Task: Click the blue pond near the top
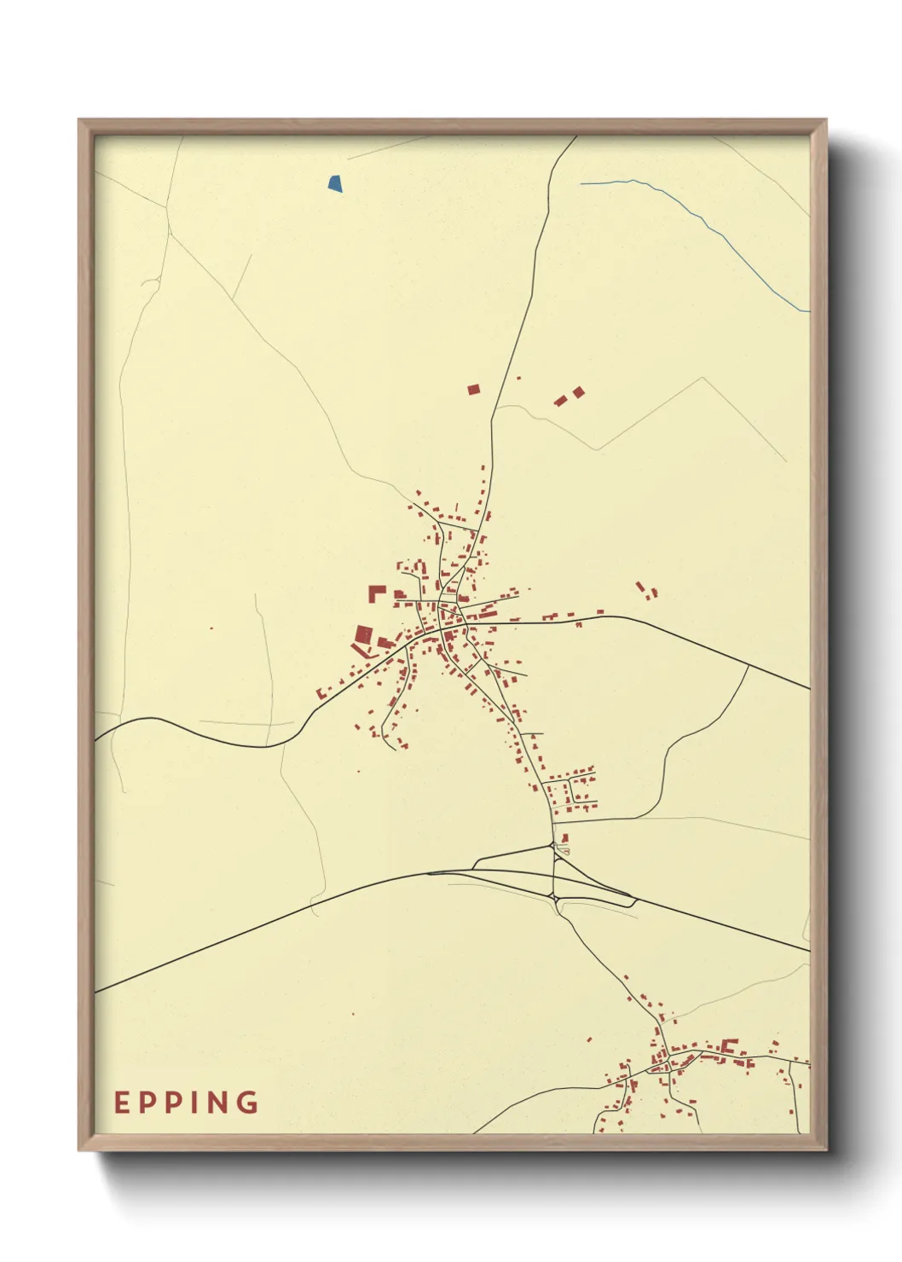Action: (x=336, y=182)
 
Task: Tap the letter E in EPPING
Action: (x=122, y=1103)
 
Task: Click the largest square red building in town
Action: (x=364, y=634)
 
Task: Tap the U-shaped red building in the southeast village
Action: (x=729, y=1045)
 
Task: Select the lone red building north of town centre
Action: (x=474, y=390)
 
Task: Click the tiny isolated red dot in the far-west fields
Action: (x=211, y=628)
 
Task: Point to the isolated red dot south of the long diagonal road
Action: (x=354, y=1014)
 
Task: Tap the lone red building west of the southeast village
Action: (x=588, y=1039)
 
